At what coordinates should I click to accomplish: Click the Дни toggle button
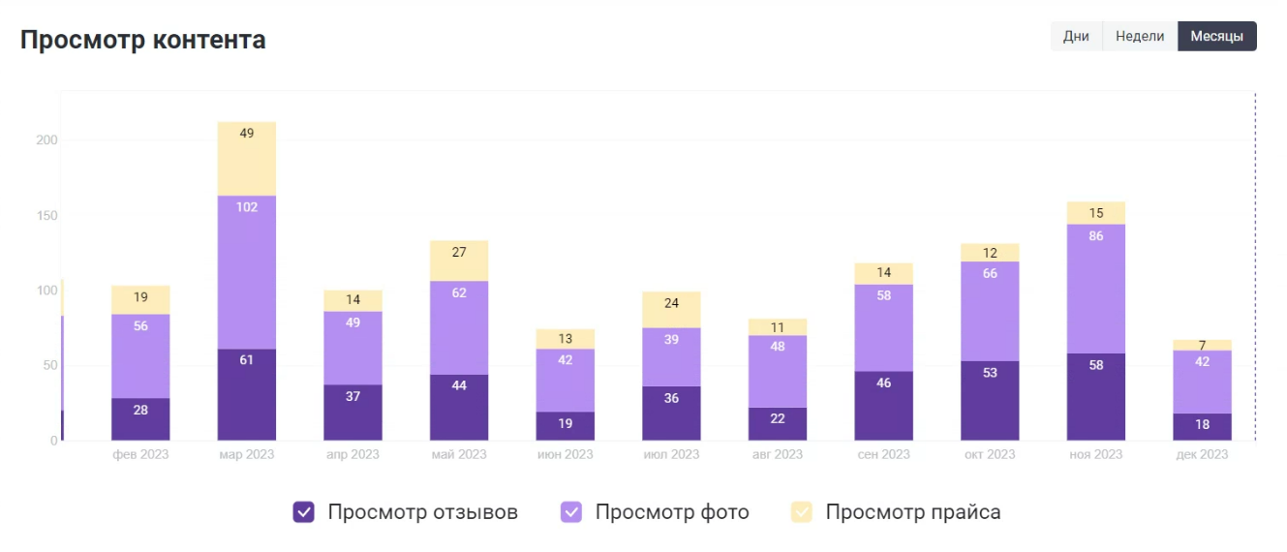click(1076, 37)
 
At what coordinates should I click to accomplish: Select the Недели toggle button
click(1140, 37)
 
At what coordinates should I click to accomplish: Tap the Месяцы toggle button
click(1216, 37)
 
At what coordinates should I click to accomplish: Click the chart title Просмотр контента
click(143, 40)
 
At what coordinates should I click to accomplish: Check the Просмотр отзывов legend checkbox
click(304, 512)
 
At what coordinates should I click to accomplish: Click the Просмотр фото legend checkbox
click(572, 512)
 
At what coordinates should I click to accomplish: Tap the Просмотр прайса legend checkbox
click(802, 512)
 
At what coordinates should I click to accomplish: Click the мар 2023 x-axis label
click(247, 454)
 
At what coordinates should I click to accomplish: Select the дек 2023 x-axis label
click(1202, 454)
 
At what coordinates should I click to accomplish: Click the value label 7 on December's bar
click(1202, 346)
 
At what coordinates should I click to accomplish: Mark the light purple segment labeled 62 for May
click(459, 327)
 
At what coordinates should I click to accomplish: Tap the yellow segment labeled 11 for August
click(778, 327)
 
